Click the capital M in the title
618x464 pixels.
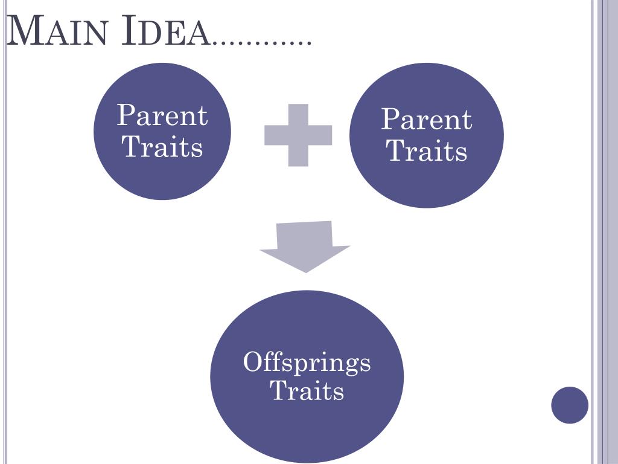(x=21, y=31)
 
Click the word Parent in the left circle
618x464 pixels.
(x=162, y=115)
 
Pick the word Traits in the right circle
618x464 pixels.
(x=427, y=150)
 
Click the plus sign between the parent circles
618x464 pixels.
(x=298, y=135)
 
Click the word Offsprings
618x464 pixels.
(x=307, y=362)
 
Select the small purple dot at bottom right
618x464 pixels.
(x=569, y=405)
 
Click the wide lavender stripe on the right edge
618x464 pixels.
(x=610, y=232)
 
